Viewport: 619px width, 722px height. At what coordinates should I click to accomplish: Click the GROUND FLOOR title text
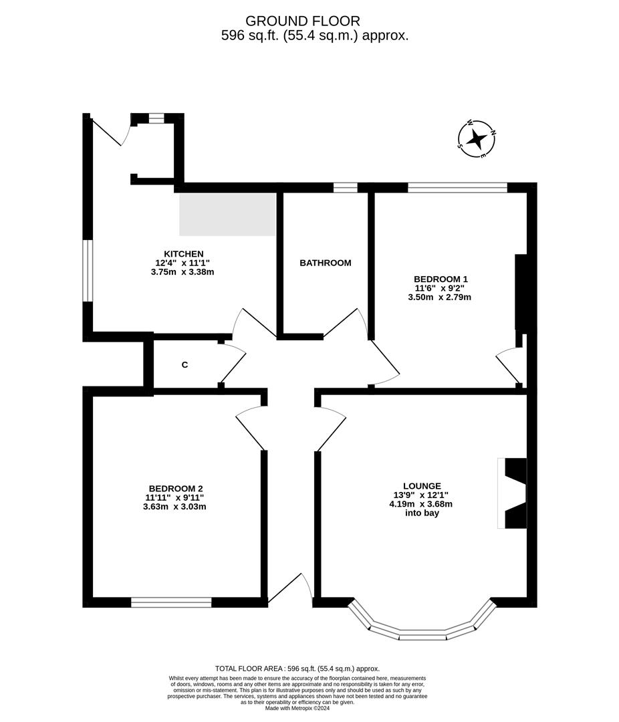303,21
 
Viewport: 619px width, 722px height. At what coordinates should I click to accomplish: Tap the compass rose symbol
477,139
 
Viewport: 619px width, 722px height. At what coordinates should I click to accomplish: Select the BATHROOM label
325,263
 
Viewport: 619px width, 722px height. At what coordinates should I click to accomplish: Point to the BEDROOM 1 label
441,279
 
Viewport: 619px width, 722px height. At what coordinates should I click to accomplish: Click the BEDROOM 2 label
175,488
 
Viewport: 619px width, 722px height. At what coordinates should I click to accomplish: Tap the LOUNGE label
422,486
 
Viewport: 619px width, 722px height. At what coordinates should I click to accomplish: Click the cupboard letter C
185,365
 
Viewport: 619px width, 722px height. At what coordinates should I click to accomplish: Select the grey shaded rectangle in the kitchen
227,214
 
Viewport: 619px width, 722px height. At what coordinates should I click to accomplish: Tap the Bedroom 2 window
171,602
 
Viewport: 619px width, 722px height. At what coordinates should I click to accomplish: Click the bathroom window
345,188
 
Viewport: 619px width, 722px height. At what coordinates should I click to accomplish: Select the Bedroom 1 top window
457,188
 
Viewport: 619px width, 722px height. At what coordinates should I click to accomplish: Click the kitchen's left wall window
88,271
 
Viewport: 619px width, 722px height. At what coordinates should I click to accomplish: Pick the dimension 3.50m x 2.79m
439,297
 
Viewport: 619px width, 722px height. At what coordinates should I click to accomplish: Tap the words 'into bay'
422,513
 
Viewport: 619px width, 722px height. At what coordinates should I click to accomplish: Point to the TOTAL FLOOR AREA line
297,669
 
